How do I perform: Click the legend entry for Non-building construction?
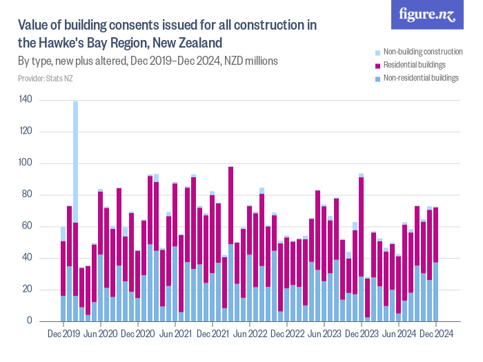point(422,52)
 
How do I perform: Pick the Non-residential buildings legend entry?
point(420,78)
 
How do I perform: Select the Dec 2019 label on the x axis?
point(63,333)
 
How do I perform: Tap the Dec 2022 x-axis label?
point(287,333)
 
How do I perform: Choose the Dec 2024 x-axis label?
point(435,333)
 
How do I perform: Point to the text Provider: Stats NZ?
point(46,78)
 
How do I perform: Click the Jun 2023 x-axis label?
point(324,333)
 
